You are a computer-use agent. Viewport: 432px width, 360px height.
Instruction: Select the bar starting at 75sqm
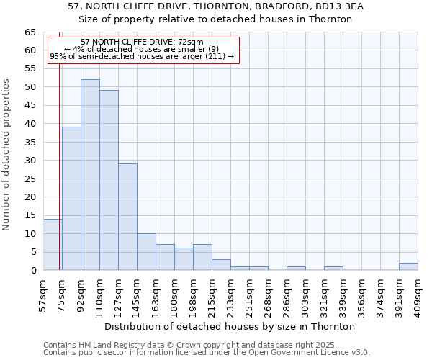click(x=71, y=199)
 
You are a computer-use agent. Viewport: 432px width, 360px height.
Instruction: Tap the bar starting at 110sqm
click(x=109, y=180)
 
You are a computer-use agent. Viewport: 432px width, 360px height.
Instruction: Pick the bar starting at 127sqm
click(x=127, y=217)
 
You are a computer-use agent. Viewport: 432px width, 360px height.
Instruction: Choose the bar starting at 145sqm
click(x=146, y=252)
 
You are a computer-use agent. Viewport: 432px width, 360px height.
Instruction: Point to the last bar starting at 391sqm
click(x=408, y=266)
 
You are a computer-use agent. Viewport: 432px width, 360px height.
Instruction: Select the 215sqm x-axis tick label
click(x=212, y=293)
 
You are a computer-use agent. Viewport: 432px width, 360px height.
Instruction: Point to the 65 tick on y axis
click(x=30, y=32)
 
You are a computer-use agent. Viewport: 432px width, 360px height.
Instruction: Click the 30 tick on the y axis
click(x=30, y=161)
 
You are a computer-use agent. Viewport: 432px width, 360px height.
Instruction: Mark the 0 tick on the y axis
click(x=33, y=271)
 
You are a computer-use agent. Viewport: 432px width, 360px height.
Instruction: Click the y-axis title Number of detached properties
click(x=6, y=155)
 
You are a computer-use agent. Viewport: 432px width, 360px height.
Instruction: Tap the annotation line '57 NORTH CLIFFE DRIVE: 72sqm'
click(x=142, y=42)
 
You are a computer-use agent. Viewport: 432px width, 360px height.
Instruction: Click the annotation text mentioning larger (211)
click(x=142, y=56)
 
